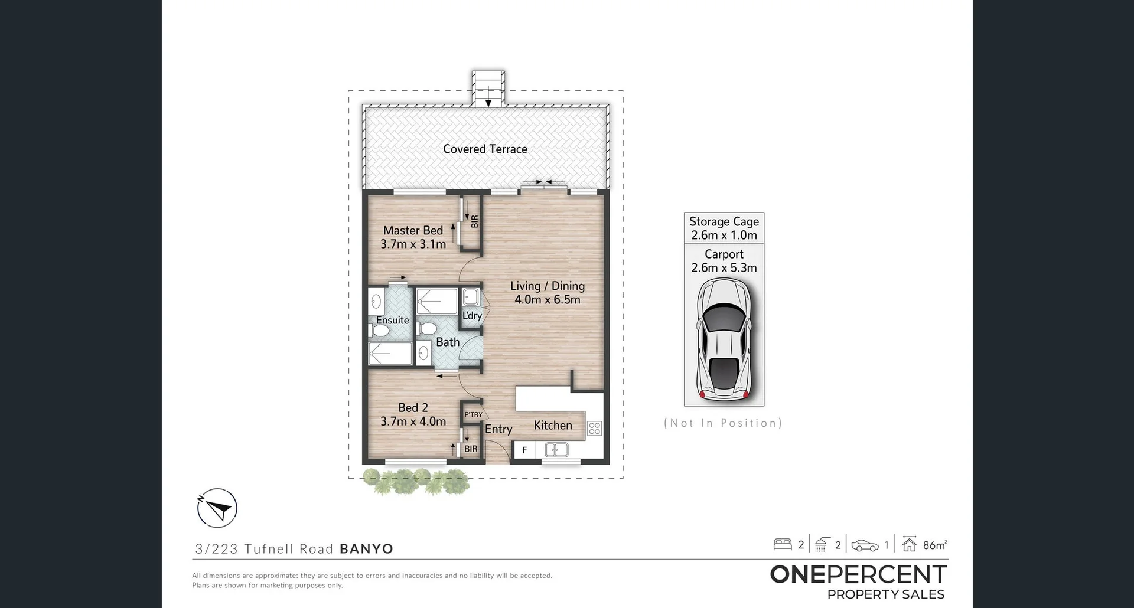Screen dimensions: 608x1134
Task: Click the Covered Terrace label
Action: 485,149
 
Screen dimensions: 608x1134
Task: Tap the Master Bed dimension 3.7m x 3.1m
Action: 413,244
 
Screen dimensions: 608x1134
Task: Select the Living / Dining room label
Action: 548,286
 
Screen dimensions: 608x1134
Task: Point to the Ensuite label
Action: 392,320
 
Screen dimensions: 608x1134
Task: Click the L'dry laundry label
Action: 472,316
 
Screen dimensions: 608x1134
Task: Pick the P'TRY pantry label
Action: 473,415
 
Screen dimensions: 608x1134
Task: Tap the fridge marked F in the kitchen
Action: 524,450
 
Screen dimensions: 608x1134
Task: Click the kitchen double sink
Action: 556,450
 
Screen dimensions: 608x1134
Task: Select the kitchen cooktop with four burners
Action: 594,429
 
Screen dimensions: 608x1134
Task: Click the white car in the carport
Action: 724,339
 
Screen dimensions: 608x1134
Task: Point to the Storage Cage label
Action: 724,221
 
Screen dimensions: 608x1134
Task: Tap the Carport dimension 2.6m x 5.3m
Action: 724,268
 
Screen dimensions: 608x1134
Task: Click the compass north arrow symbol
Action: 217,508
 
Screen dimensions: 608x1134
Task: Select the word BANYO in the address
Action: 366,549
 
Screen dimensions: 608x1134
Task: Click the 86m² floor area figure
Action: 934,545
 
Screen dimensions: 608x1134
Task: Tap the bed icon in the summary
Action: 783,544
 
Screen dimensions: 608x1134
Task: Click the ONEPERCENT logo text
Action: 858,574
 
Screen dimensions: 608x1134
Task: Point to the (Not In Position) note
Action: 723,423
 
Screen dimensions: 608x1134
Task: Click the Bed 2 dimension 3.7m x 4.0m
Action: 413,421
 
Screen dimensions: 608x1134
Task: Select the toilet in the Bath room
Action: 427,328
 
